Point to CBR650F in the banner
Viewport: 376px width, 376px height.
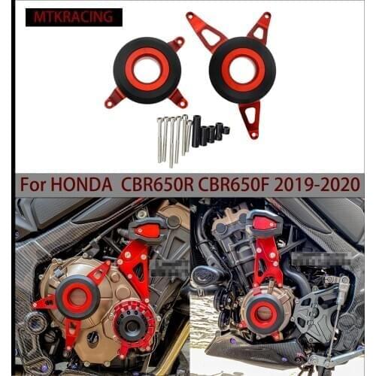pyautogui.click(x=245, y=183)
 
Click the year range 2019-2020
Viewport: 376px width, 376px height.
pyautogui.click(x=322, y=183)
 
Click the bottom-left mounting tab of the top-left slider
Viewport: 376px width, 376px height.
pyautogui.click(x=114, y=98)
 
